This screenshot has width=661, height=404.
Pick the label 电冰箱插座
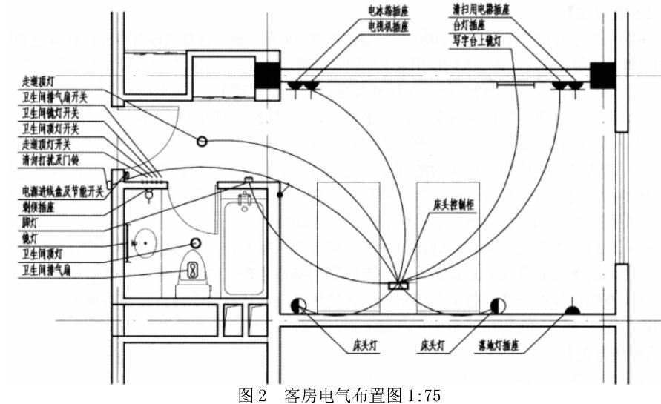tap(389, 12)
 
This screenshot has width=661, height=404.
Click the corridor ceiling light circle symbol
tap(202, 142)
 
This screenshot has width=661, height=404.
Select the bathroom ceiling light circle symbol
tap(197, 242)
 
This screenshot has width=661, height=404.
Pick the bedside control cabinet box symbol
tap(399, 284)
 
